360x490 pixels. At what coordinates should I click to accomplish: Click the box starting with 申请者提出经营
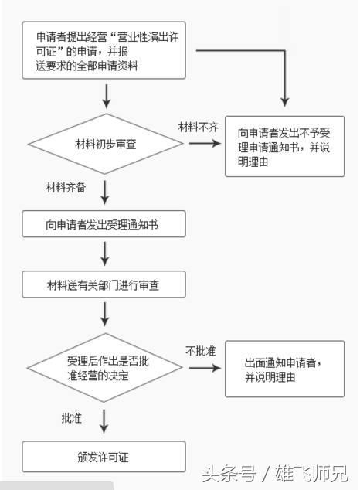(104, 51)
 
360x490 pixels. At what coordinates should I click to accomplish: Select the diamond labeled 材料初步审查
(107, 145)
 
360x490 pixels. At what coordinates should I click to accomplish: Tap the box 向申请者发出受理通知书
(104, 225)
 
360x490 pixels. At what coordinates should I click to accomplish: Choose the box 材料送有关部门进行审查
(104, 285)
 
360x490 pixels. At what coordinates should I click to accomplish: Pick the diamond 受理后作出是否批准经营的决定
(107, 368)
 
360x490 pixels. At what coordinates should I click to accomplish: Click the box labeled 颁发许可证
(104, 457)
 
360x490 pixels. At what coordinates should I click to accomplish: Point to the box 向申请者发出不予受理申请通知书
(284, 145)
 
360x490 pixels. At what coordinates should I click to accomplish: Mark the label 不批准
(199, 351)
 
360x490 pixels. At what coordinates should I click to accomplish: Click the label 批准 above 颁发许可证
(72, 418)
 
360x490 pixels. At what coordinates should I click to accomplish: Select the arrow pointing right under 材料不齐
(203, 145)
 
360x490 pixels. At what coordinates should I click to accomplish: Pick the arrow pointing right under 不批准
(204, 368)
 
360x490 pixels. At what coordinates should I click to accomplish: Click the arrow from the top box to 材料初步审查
(106, 95)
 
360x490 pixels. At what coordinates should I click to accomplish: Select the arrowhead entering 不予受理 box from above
(285, 100)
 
